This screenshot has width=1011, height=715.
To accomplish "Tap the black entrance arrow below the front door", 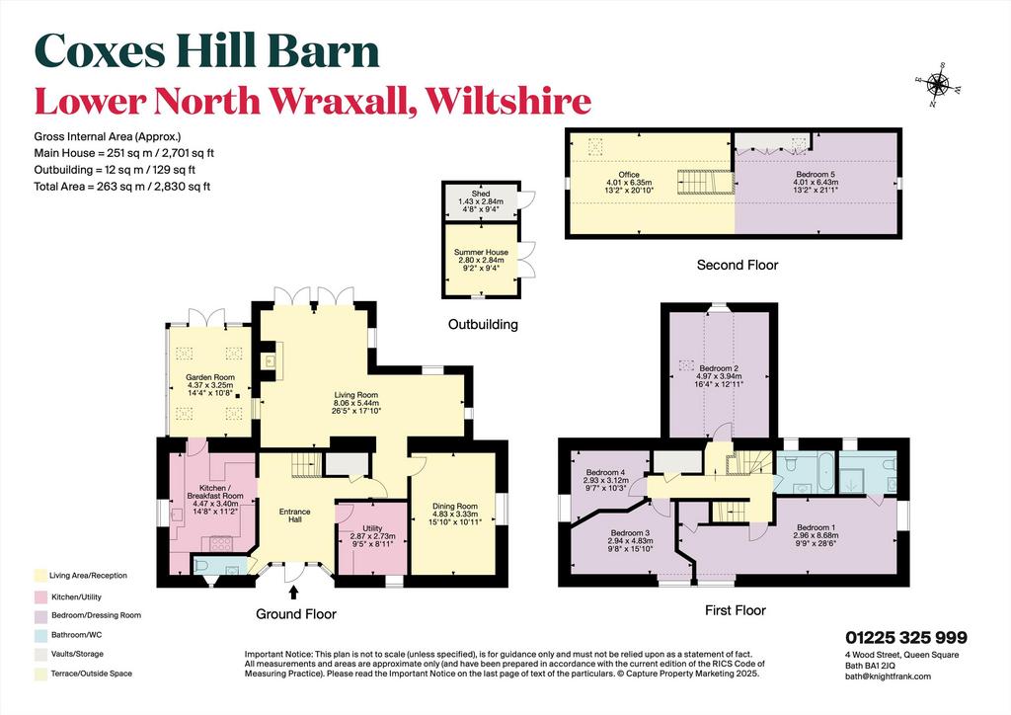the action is [294, 593].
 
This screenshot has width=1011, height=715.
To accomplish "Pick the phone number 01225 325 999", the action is [906, 638].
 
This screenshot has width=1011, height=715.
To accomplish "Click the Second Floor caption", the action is [737, 265].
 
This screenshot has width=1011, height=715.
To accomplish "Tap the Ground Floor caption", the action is [296, 614].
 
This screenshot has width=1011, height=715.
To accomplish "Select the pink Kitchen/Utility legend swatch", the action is [40, 597].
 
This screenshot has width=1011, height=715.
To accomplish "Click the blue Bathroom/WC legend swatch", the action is [40, 635].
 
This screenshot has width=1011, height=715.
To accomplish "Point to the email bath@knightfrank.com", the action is [888, 676].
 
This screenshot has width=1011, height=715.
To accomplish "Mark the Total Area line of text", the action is [121, 187].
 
